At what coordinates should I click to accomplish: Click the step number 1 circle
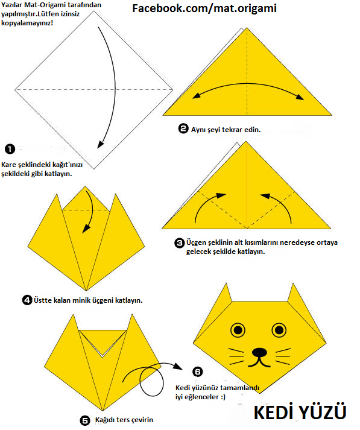point(10,149)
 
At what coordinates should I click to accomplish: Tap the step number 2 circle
point(183,128)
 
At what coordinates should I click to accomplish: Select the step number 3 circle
point(179,242)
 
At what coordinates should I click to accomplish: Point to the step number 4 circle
point(27,300)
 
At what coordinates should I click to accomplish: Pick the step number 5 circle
point(84,420)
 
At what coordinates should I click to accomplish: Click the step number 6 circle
point(197,372)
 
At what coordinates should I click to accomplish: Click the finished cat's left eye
point(238,330)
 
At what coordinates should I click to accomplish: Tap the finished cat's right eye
point(279,330)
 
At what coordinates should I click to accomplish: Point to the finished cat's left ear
point(226,294)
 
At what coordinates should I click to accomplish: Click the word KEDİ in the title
point(274,412)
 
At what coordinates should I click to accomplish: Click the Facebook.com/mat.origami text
point(204,8)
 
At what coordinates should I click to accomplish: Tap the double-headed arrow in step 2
point(248,83)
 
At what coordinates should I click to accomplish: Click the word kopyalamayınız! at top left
point(27,23)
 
